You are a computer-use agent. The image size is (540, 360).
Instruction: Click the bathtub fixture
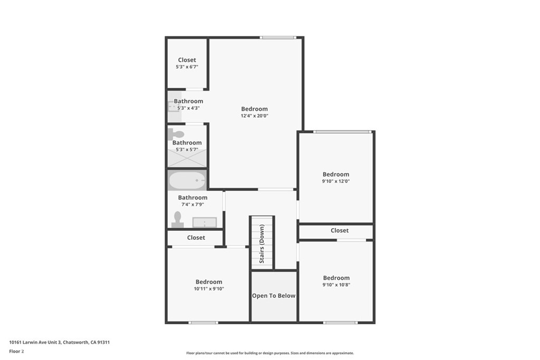point(187,180)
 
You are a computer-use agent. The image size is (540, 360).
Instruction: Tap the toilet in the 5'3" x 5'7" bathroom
point(176,134)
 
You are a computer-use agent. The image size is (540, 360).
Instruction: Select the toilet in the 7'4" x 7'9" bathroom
point(177,220)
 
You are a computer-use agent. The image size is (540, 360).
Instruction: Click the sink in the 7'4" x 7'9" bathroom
point(205,222)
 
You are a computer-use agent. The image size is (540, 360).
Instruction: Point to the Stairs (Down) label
point(262,244)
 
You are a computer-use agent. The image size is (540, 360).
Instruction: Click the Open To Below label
point(274,296)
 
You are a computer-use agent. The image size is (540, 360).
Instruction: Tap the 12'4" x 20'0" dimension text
point(255,116)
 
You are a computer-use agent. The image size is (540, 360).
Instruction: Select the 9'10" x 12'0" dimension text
point(336,181)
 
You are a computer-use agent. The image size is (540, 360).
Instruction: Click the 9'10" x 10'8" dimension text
point(336,285)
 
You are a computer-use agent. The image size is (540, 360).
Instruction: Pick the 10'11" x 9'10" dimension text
point(209,289)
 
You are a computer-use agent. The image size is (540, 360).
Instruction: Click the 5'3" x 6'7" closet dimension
point(187,67)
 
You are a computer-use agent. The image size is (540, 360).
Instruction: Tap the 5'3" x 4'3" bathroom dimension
point(188,108)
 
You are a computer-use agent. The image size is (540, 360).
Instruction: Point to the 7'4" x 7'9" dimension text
point(192,205)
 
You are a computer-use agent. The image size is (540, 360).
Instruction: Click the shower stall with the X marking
point(187,158)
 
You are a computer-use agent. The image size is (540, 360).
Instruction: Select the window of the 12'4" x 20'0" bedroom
point(277,37)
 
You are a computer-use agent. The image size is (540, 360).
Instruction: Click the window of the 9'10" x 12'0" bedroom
point(342,132)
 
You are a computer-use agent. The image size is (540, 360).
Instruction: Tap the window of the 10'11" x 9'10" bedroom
point(203,323)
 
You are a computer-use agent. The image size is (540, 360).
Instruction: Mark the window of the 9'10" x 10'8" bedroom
point(340,323)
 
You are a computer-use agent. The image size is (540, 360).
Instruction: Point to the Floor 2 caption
point(16,352)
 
